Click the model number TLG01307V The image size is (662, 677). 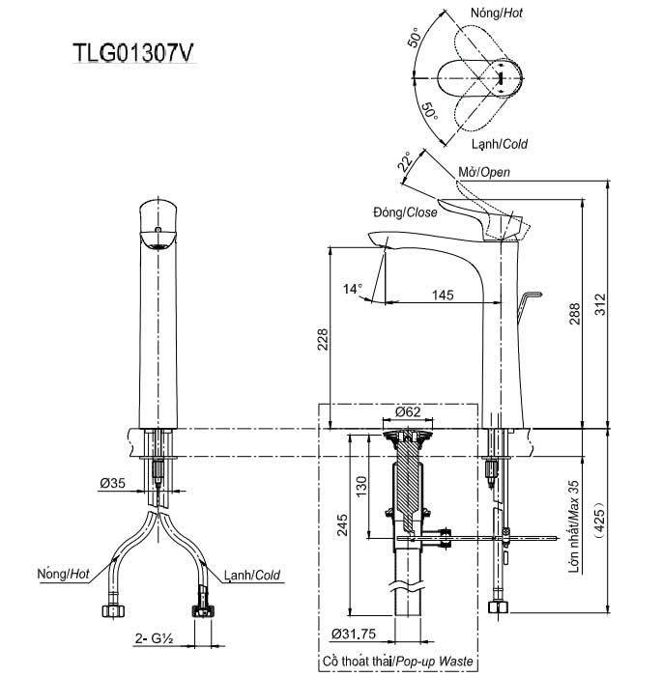(x=133, y=53)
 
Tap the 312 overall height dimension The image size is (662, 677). (x=600, y=304)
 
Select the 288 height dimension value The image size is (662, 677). (x=574, y=314)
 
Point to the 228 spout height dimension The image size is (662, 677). (x=323, y=339)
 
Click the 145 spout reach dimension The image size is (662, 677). (x=443, y=296)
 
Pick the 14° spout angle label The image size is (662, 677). (x=353, y=289)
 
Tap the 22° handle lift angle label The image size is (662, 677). (x=405, y=161)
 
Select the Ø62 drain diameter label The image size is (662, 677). (x=408, y=411)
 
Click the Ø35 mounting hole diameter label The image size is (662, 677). (x=112, y=483)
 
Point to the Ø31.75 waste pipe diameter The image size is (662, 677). (x=354, y=634)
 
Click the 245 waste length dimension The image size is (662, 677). (x=342, y=524)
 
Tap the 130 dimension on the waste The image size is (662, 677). (x=361, y=487)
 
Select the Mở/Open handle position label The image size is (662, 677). (x=484, y=172)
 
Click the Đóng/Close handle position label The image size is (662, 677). (x=405, y=212)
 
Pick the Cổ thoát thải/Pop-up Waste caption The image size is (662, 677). (x=397, y=662)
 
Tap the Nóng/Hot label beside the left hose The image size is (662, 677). (x=63, y=574)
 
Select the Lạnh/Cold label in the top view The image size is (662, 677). (x=500, y=144)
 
